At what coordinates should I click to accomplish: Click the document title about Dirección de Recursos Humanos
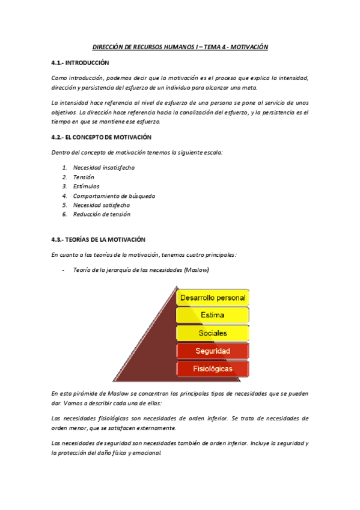tap(180, 47)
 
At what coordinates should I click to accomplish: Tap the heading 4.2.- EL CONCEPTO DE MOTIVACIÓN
tap(101, 137)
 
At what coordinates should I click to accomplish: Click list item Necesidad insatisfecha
tap(103, 167)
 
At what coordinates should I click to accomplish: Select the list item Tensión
tap(84, 177)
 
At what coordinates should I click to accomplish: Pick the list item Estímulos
tap(86, 186)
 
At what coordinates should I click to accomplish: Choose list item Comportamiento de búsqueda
tap(114, 195)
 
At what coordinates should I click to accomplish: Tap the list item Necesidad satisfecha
tap(101, 205)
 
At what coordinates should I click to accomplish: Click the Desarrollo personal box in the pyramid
tap(212, 298)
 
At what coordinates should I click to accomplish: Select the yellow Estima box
tap(212, 315)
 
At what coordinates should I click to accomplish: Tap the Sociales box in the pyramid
tap(212, 333)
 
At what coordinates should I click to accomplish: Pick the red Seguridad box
tap(212, 351)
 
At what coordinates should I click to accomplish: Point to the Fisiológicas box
tap(212, 368)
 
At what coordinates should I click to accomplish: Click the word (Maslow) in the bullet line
tap(198, 270)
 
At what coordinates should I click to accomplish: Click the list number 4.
tap(64, 195)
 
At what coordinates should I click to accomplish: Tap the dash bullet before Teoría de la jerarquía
tap(64, 270)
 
